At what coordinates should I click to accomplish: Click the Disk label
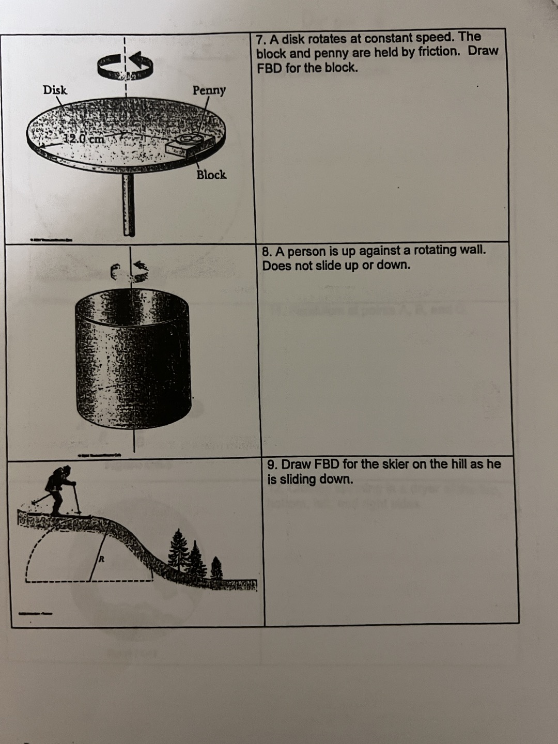[55, 90]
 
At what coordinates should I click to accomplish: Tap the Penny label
[209, 90]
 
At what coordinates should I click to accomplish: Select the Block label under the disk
[211, 175]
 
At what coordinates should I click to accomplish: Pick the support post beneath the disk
[129, 204]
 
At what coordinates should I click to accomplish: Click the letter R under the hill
[102, 559]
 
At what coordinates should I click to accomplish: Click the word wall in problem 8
[473, 250]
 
